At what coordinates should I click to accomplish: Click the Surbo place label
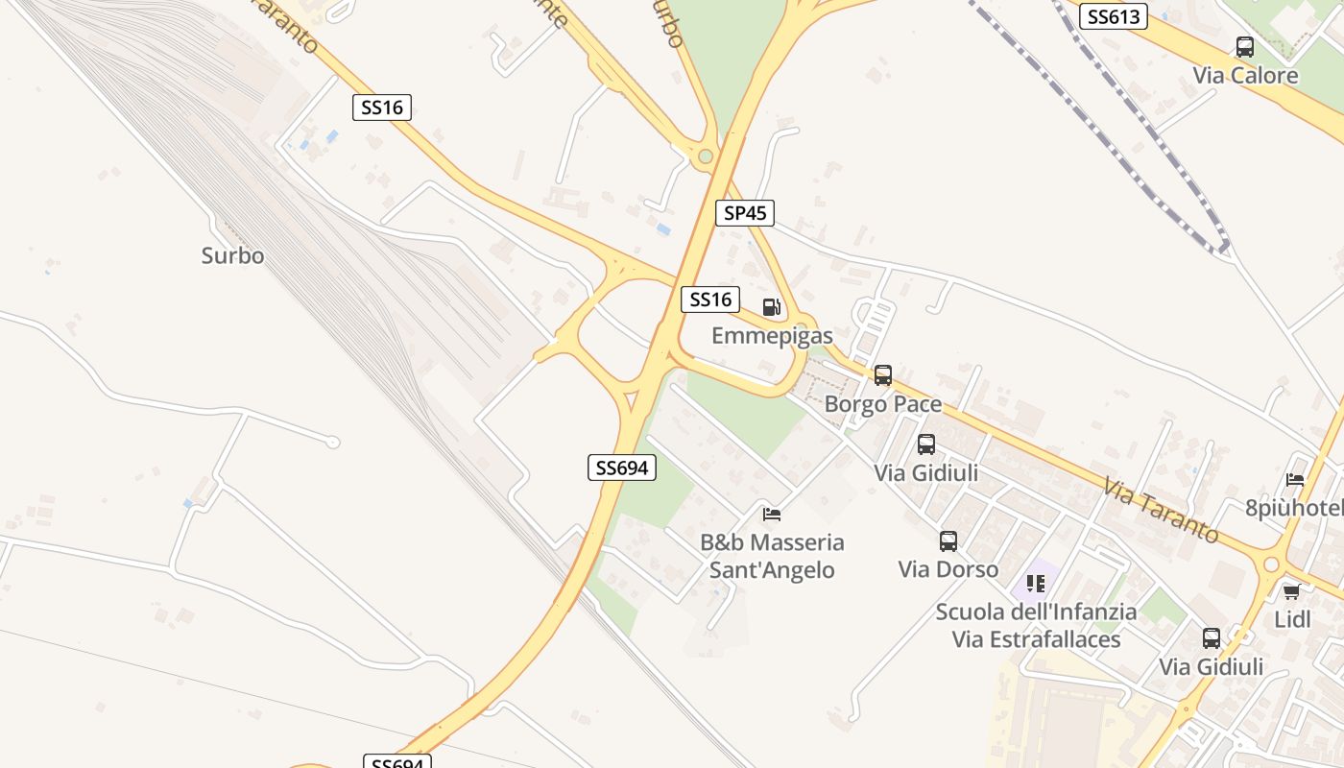[x=232, y=256]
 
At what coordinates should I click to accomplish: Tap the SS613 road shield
[x=1114, y=16]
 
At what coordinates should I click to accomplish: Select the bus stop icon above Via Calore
[x=1245, y=46]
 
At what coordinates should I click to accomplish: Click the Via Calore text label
[x=1245, y=75]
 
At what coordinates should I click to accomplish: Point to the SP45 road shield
[x=744, y=213]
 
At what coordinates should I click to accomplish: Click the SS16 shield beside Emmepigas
[x=710, y=300]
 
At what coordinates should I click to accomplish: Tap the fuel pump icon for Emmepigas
[x=771, y=307]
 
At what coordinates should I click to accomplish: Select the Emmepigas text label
[x=772, y=336]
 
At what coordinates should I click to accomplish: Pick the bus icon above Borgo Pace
[x=883, y=375]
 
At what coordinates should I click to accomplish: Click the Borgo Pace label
[x=883, y=404]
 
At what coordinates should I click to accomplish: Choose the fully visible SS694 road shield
[x=621, y=468]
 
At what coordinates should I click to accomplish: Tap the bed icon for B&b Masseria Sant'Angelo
[x=772, y=514]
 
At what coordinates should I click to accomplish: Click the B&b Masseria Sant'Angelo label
[x=772, y=556]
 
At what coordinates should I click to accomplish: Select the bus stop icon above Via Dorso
[x=948, y=541]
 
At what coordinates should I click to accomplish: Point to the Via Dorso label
[x=948, y=569]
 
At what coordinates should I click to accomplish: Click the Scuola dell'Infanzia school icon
[x=1036, y=583]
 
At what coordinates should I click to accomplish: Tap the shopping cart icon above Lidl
[x=1292, y=591]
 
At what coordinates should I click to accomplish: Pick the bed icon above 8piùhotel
[x=1295, y=480]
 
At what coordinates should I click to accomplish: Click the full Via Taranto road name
[x=1161, y=510]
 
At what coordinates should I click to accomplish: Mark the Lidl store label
[x=1292, y=619]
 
